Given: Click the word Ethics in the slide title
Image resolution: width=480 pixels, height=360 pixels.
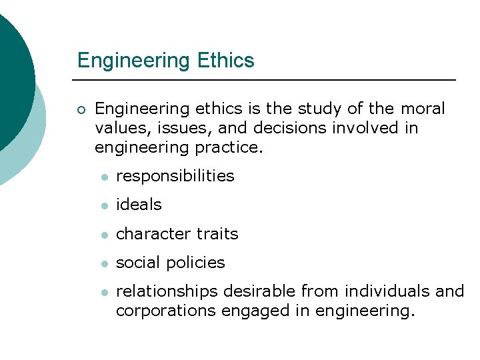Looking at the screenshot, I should pos(226,61).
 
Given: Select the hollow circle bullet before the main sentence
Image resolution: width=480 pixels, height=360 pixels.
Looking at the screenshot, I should pos(81,109).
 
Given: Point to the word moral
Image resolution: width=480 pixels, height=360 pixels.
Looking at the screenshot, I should pos(423,109).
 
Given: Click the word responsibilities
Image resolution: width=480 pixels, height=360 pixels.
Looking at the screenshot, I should pos(175,176).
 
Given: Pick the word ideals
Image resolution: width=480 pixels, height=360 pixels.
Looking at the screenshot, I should pos(139,205).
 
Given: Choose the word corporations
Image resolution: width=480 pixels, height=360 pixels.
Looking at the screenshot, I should pos(163,311).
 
